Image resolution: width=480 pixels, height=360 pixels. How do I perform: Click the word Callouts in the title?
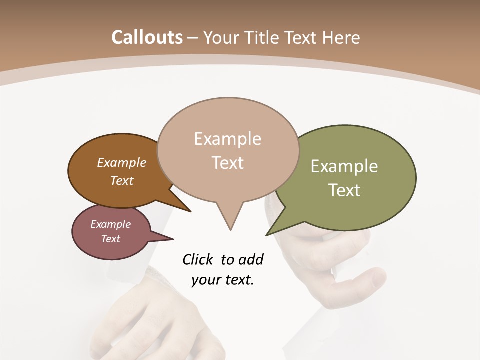click(x=147, y=38)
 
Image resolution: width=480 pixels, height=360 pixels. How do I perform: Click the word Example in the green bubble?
click(x=344, y=166)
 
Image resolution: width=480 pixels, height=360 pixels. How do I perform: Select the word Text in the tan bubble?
click(x=228, y=163)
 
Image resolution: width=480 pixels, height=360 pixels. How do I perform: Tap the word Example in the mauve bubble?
click(x=111, y=224)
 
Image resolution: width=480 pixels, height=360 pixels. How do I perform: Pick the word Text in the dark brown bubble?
click(x=122, y=180)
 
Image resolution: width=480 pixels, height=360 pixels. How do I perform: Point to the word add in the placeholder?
click(x=251, y=259)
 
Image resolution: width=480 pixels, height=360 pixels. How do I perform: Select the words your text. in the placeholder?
click(x=223, y=280)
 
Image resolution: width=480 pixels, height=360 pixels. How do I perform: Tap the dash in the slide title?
click(x=193, y=38)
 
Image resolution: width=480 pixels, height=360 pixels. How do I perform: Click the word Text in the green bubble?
click(x=344, y=190)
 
